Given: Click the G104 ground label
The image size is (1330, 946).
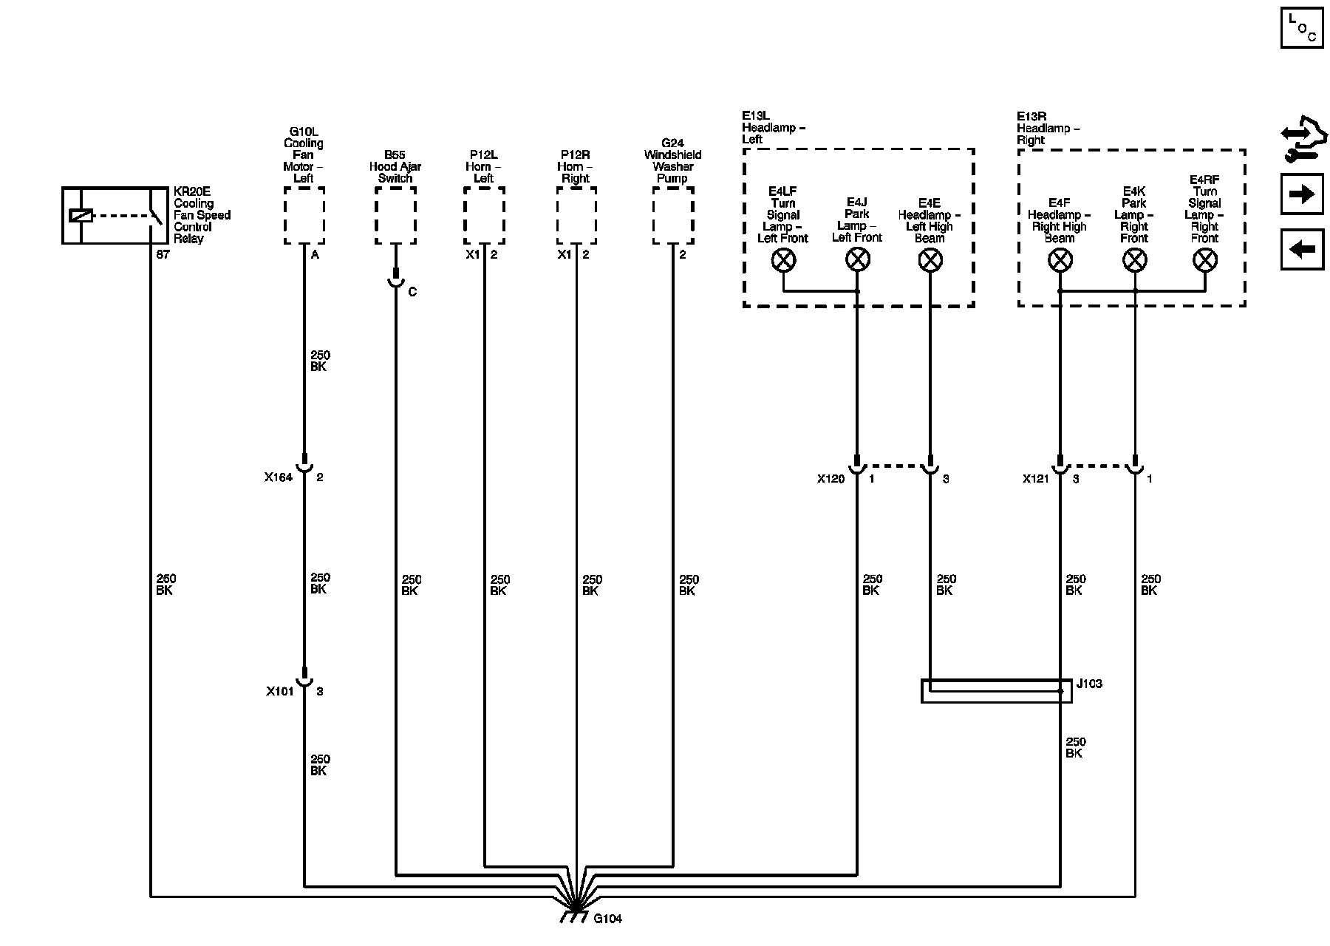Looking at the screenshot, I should (x=607, y=919).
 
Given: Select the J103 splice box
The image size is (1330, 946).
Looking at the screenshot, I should (x=996, y=691).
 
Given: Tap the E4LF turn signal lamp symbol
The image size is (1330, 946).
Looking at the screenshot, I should (x=783, y=259).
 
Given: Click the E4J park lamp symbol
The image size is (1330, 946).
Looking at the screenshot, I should (x=857, y=259).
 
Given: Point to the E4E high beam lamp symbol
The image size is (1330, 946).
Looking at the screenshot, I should (x=930, y=259).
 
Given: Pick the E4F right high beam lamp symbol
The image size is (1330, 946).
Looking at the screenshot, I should (x=1060, y=260).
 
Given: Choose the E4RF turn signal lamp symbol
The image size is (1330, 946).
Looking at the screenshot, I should (x=1205, y=260).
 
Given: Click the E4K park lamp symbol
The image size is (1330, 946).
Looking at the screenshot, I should (x=1134, y=260).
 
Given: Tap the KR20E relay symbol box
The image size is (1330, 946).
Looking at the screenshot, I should (x=115, y=215).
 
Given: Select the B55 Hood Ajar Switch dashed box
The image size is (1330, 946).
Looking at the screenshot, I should (x=395, y=215).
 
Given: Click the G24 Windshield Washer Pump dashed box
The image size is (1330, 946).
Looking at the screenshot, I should (x=673, y=215).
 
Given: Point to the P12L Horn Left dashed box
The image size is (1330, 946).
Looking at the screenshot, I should (x=484, y=215).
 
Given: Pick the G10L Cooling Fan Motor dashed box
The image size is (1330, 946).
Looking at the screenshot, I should (x=304, y=215).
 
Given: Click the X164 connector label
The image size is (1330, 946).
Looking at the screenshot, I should (x=279, y=477).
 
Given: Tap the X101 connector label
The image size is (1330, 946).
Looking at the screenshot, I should (x=280, y=692).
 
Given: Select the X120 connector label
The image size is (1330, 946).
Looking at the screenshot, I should (x=831, y=479).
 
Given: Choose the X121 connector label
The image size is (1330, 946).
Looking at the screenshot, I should (x=1036, y=479).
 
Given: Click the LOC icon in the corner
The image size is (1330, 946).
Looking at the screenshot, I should (x=1302, y=27).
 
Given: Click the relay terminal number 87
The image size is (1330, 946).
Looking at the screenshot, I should (x=163, y=254).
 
